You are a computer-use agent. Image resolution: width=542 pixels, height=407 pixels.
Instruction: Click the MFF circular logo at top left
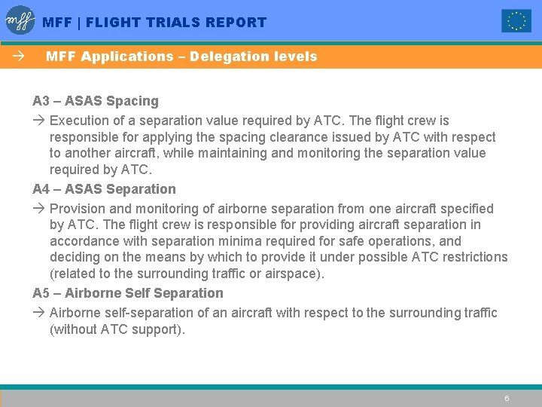coord(20,20)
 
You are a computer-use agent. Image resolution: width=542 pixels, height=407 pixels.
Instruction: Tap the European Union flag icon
coord(516,21)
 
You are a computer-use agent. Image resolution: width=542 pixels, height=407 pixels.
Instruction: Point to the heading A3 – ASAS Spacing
coord(96,101)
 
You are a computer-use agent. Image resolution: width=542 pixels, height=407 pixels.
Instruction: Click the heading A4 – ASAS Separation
coord(104,189)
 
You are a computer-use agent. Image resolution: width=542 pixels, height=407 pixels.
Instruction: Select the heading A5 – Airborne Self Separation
coord(128,293)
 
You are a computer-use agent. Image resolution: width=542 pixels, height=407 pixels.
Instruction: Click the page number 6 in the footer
coord(507,398)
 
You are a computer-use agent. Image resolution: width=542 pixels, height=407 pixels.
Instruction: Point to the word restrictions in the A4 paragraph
coord(474,257)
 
